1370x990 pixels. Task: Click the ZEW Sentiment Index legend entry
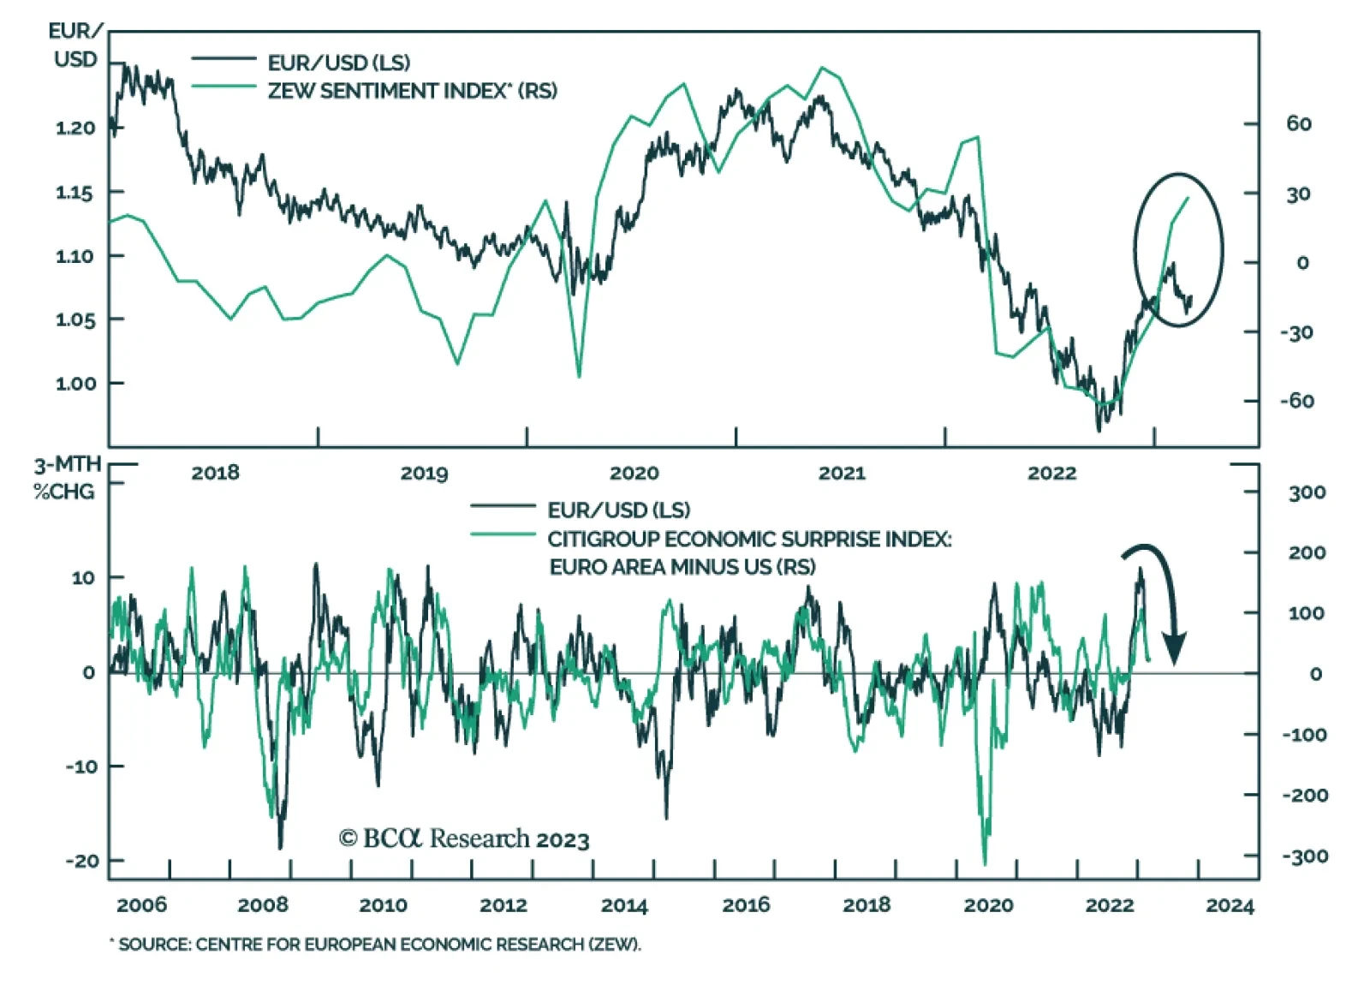click(x=412, y=91)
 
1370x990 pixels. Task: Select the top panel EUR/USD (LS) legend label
click(x=339, y=63)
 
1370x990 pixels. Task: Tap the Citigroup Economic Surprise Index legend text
click(x=749, y=540)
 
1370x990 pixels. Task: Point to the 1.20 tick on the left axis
click(x=75, y=128)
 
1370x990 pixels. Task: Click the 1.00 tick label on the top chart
click(x=75, y=384)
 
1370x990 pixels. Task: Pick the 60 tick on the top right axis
click(x=1298, y=124)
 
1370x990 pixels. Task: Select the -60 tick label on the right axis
click(x=1296, y=401)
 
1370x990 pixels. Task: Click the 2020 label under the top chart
click(x=634, y=474)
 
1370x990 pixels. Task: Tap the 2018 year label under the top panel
click(x=215, y=474)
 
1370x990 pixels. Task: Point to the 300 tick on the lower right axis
click(x=1307, y=492)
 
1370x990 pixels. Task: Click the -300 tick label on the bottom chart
click(x=1305, y=856)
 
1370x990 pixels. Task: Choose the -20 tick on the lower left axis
click(x=82, y=861)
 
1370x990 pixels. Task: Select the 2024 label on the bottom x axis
click(x=1230, y=906)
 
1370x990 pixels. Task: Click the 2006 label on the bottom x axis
click(x=141, y=906)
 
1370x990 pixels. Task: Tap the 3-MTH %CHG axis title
click(x=66, y=479)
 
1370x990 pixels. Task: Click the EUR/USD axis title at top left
click(x=74, y=45)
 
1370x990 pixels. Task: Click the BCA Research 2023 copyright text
click(x=464, y=839)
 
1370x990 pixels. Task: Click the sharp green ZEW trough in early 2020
click(x=579, y=375)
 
